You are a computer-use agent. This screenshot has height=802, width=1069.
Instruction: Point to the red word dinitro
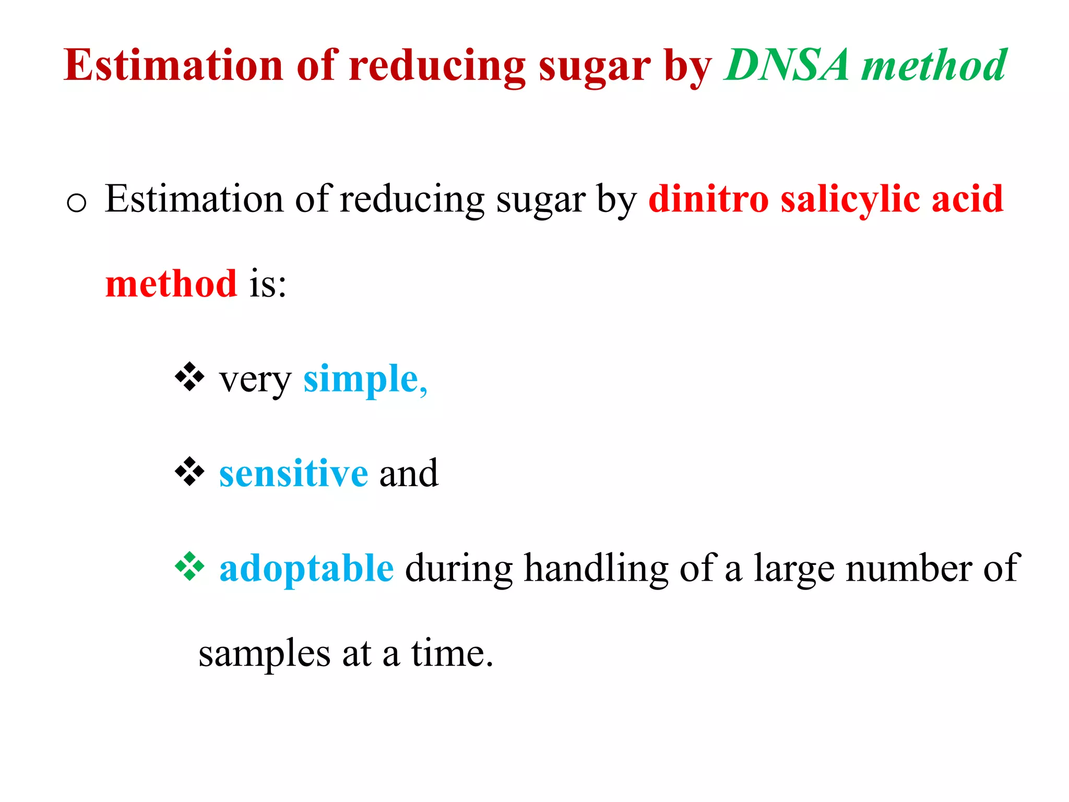point(708,199)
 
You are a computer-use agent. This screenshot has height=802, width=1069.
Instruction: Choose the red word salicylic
point(850,200)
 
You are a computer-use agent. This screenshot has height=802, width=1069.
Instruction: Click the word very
point(255,381)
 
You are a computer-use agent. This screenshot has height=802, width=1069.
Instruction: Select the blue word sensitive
point(293,473)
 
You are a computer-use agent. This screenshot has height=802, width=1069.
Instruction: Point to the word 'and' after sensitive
point(409,473)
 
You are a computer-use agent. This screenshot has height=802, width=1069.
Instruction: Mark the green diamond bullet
point(189,567)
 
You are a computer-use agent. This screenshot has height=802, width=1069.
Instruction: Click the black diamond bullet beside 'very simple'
point(189,376)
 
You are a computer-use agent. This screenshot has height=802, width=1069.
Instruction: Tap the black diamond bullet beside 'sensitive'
point(189,471)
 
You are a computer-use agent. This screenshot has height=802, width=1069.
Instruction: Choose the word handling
point(596,569)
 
